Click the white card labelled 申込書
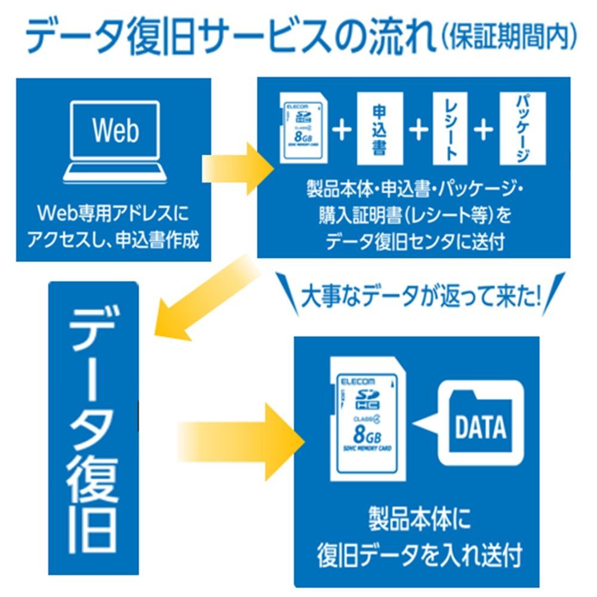[x=379, y=128]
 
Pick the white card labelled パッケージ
[x=522, y=128]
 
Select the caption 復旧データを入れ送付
[x=418, y=555]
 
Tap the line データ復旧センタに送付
[x=414, y=242]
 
